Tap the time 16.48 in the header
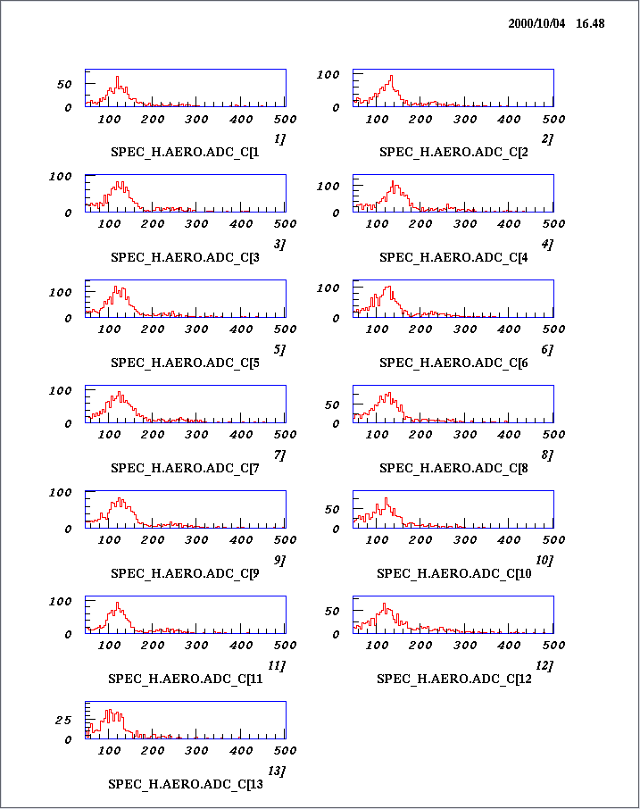pos(590,24)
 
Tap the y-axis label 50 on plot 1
pos(65,84)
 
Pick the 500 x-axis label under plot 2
pos(553,119)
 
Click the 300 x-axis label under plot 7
pos(197,435)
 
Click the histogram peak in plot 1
pos(117,78)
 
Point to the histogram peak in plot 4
pos(393,183)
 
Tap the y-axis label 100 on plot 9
pos(60,492)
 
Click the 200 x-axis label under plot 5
pos(154,329)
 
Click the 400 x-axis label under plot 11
pos(241,646)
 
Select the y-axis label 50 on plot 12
pos(333,611)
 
